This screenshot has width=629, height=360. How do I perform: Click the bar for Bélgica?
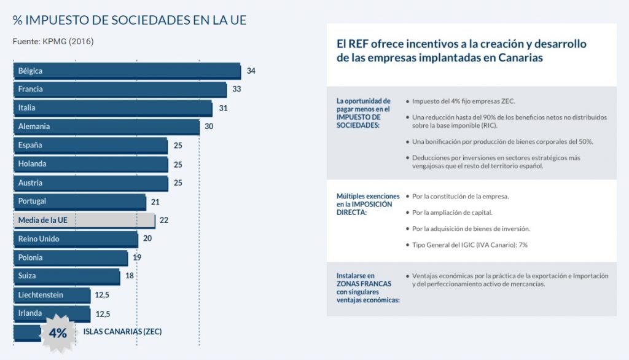[127, 71]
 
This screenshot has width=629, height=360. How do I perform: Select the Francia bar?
[120, 89]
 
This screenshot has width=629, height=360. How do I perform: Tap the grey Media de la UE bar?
[84, 220]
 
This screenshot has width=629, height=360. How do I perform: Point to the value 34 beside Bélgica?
[251, 71]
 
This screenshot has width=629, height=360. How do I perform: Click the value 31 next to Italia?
[224, 108]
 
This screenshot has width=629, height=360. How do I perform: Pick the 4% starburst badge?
[58, 333]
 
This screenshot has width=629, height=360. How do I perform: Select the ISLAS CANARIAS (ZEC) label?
[122, 332]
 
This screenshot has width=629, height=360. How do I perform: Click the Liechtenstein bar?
[52, 295]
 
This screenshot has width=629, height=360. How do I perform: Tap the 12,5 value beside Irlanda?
[103, 314]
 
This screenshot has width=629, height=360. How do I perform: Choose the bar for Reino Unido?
[76, 239]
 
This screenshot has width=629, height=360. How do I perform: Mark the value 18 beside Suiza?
[130, 276]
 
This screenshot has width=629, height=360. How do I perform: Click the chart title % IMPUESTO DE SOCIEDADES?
[130, 20]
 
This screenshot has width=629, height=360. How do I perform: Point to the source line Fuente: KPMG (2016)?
[53, 42]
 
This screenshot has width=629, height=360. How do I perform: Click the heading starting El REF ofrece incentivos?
[461, 50]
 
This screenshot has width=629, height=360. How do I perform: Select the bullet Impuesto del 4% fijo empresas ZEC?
[464, 101]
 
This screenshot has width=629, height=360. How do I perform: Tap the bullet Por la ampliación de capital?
[452, 213]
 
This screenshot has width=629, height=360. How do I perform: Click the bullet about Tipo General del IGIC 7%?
[470, 245]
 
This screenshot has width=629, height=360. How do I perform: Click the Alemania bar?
[106, 127]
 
